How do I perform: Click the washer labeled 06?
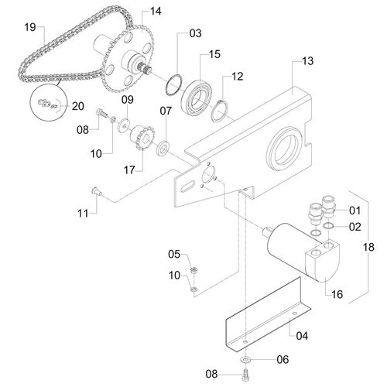245,360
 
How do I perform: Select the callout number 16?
337,294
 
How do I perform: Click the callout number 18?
368,248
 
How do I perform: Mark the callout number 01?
355,210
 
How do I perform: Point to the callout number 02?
355,227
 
